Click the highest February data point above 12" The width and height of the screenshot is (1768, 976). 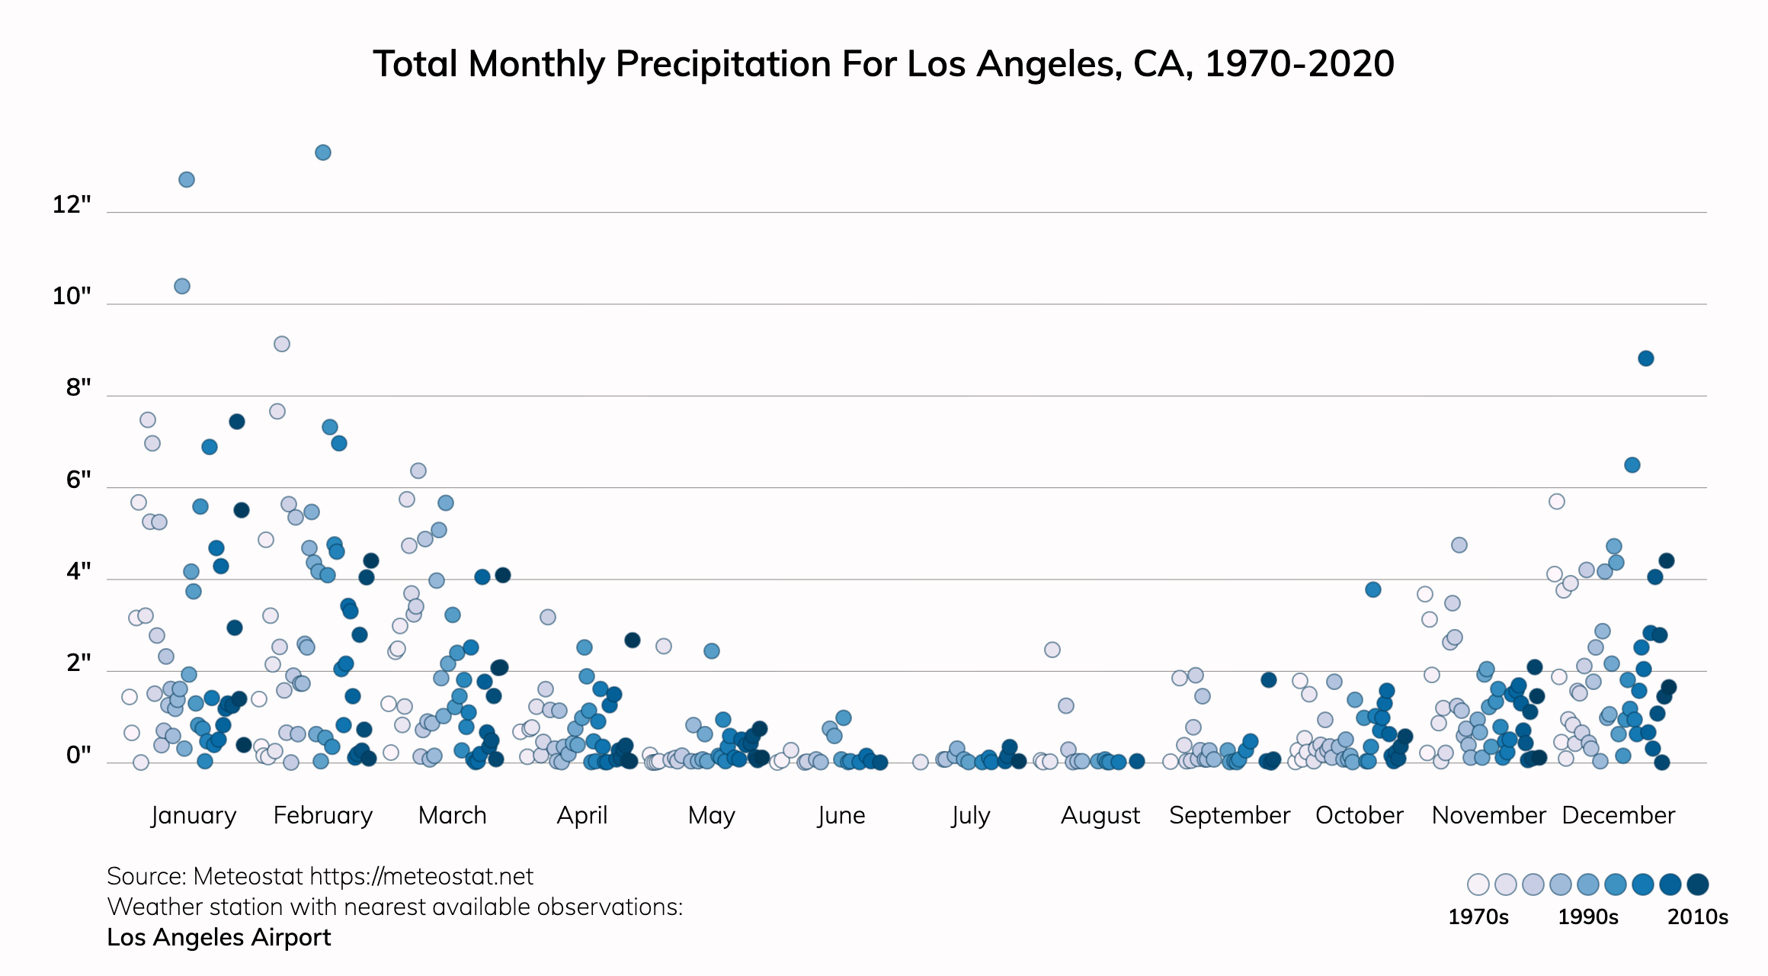pyautogui.click(x=323, y=152)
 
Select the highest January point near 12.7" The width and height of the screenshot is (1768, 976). pyautogui.click(x=187, y=180)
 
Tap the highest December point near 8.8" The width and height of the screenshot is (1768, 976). pyautogui.click(x=1646, y=358)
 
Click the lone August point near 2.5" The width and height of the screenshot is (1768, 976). pyautogui.click(x=1052, y=650)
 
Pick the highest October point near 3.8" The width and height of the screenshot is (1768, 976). pyautogui.click(x=1373, y=589)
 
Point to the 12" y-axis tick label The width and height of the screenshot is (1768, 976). pyautogui.click(x=72, y=204)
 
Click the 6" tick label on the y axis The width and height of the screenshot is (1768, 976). pyautogui.click(x=78, y=480)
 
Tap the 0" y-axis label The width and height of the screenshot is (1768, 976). pyautogui.click(x=78, y=755)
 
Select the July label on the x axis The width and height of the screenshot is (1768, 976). pyautogui.click(x=971, y=815)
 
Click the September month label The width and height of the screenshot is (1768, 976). pyautogui.click(x=1229, y=815)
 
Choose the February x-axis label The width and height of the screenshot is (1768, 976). pyautogui.click(x=323, y=815)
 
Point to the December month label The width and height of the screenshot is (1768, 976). pyautogui.click(x=1619, y=815)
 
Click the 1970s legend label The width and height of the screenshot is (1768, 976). pyautogui.click(x=1478, y=917)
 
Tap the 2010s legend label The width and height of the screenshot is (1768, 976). pyautogui.click(x=1698, y=917)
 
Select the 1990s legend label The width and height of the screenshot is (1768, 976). pyautogui.click(x=1588, y=917)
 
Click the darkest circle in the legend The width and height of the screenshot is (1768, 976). pyautogui.click(x=1698, y=884)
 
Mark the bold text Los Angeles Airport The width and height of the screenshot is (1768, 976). pyautogui.click(x=219, y=937)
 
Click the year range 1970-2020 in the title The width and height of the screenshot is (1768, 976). pyautogui.click(x=1300, y=63)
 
